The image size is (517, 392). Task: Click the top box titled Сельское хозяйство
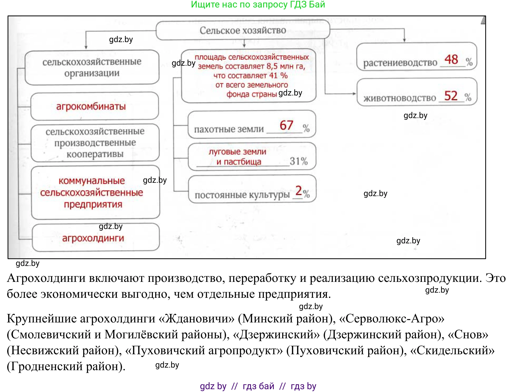243,30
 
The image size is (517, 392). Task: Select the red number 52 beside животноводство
451,96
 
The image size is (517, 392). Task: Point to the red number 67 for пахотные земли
286,125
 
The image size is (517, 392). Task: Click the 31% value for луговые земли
299,161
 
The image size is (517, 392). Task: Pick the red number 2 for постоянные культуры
299,190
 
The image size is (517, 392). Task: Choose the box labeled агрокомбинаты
94,106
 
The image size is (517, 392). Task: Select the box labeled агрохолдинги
96,238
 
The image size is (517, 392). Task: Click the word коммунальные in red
92,181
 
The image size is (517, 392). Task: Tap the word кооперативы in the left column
95,154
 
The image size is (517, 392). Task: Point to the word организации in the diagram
92,73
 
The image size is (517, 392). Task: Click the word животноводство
400,98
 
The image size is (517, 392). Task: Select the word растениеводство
400,62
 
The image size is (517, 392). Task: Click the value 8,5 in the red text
272,66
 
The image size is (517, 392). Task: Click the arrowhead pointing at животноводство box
354,94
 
